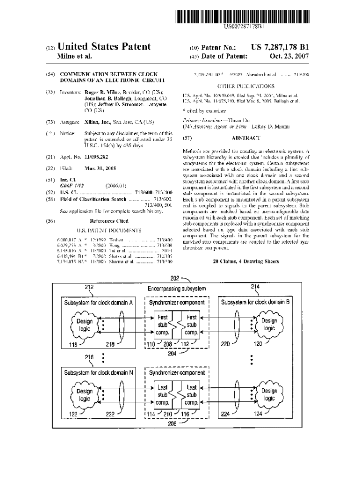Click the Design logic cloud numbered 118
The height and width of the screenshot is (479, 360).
[84, 325]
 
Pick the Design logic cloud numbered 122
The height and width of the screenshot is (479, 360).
[84, 395]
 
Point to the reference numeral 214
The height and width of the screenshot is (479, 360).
[255, 286]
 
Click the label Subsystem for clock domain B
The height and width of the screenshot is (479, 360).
[255, 302]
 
